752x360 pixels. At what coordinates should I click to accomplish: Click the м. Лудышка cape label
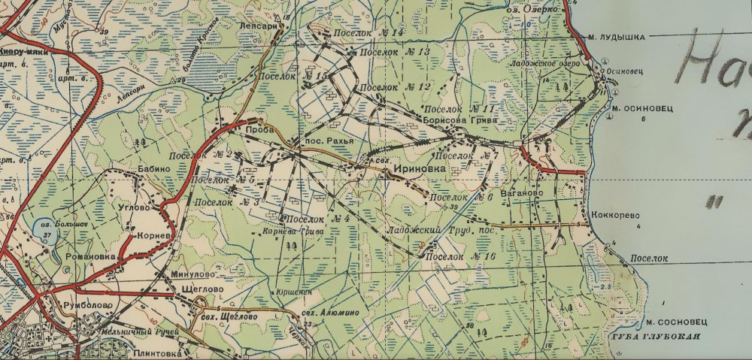tap(617, 38)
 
